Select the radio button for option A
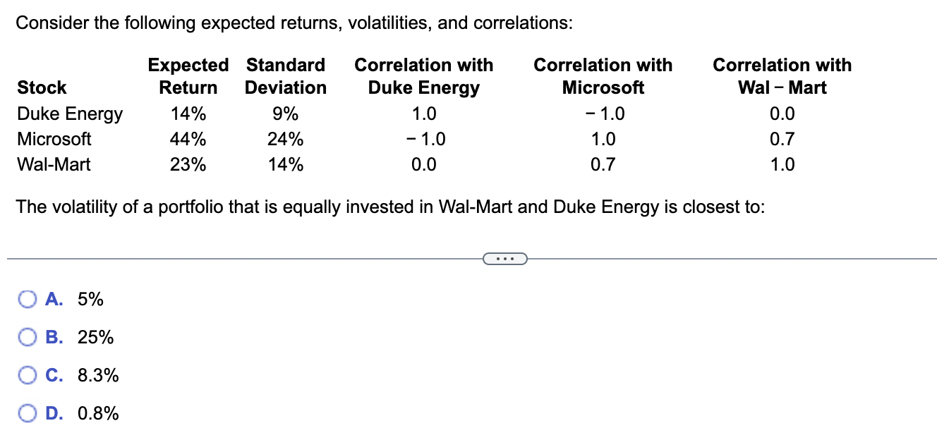26,300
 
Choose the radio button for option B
26,338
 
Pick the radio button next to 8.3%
26,376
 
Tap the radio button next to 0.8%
26,413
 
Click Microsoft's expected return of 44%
188,139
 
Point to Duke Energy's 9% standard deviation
285,114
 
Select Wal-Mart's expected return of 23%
188,165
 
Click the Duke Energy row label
69,114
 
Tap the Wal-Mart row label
54,165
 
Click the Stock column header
42,87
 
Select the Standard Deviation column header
285,76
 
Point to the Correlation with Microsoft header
603,76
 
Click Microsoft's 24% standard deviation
285,139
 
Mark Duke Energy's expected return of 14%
188,114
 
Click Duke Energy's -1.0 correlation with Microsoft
603,114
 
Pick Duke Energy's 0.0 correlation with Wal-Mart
782,114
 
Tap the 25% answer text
95,338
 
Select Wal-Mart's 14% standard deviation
285,165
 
